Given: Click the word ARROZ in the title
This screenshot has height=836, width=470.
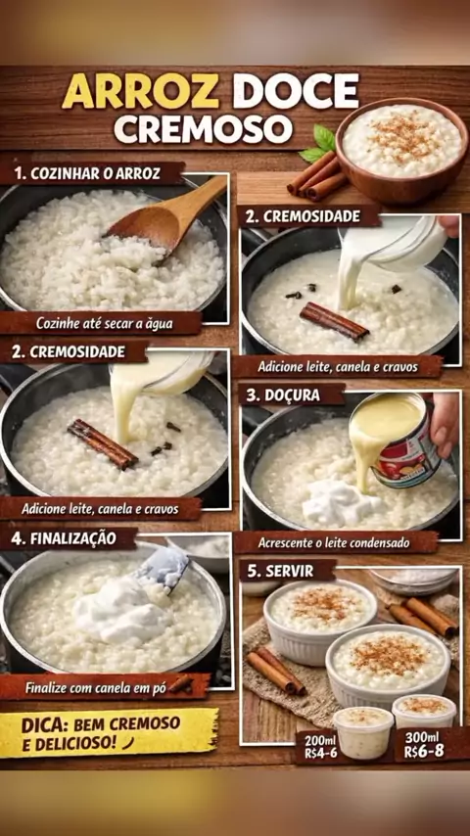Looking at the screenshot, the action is click(x=140, y=91).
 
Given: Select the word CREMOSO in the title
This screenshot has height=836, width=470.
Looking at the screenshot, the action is click(x=204, y=128).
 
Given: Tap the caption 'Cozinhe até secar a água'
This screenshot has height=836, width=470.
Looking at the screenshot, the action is click(x=105, y=324).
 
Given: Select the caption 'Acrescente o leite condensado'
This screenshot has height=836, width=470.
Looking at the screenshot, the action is click(x=334, y=542).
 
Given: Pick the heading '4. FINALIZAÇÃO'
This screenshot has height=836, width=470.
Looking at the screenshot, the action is click(x=64, y=538).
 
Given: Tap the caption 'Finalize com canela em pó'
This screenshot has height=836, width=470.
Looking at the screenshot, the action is click(x=96, y=688).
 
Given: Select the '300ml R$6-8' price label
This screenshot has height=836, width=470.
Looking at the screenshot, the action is click(x=422, y=744).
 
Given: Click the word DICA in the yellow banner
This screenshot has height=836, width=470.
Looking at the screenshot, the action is click(x=44, y=725).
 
